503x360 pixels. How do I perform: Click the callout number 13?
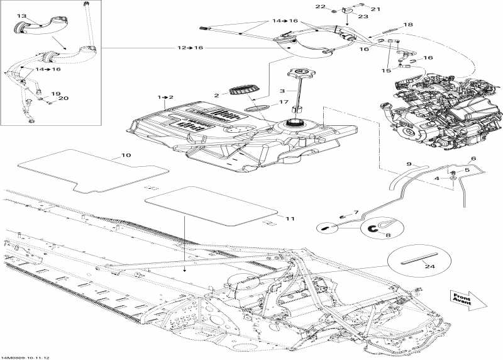point(21,16)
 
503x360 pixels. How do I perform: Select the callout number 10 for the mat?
point(126,155)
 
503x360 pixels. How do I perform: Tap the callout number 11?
point(290,218)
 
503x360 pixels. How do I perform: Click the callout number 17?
point(284,103)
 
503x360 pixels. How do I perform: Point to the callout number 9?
point(409,164)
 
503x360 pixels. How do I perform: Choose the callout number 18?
point(409,25)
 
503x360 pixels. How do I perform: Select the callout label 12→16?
point(190,48)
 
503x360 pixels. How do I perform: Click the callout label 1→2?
point(165,98)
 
